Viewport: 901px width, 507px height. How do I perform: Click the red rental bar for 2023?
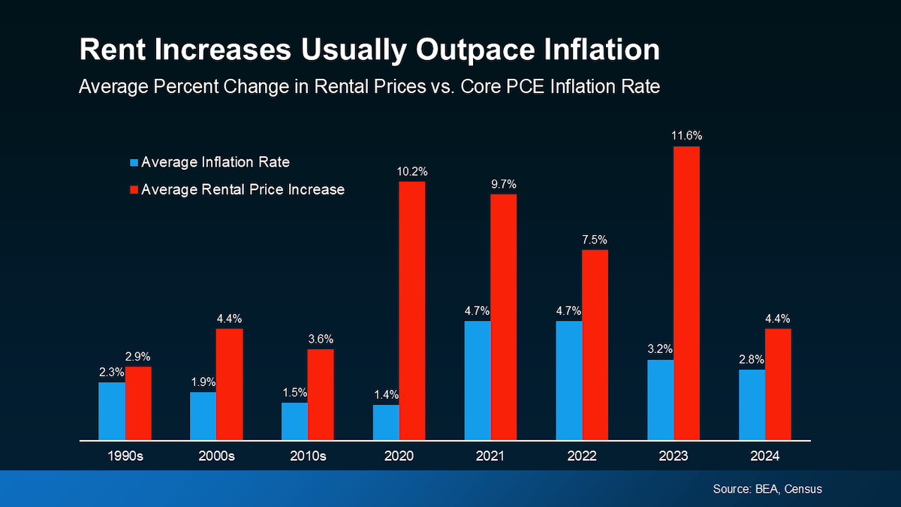tap(686, 293)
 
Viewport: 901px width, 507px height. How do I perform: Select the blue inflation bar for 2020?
tap(386, 422)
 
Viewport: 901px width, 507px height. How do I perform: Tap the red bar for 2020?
tap(412, 310)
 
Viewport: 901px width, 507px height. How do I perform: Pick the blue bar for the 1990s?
tap(112, 411)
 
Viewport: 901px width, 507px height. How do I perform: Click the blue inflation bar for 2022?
tap(569, 380)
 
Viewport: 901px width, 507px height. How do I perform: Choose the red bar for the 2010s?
tap(321, 394)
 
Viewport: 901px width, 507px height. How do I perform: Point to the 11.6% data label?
tap(686, 136)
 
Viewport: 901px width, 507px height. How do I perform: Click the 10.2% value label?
tap(412, 171)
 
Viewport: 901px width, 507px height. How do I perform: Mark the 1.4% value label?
tap(386, 394)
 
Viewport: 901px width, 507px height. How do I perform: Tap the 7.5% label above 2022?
tap(595, 240)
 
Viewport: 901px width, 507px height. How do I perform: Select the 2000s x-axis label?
tap(216, 456)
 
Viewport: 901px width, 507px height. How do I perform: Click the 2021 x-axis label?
tap(490, 456)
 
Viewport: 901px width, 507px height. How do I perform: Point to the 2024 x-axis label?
tap(765, 456)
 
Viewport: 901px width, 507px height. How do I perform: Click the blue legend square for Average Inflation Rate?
tap(134, 161)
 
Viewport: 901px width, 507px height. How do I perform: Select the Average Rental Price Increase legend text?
tap(243, 189)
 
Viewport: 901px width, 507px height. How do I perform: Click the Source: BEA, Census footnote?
tap(767, 489)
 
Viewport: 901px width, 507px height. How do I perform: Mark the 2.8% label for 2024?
tap(752, 359)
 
